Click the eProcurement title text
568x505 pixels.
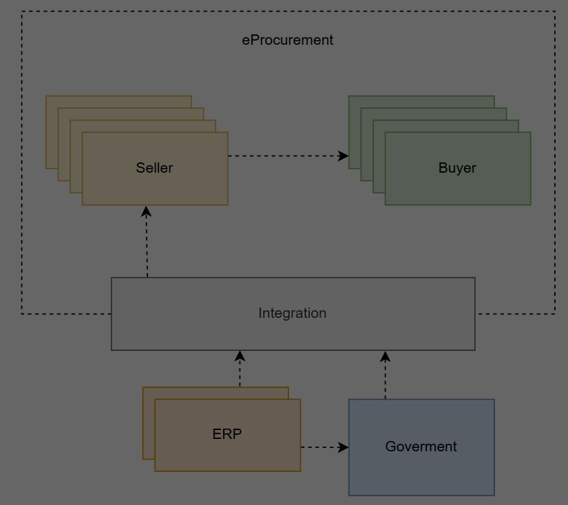coord(287,40)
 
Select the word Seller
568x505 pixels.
coord(154,168)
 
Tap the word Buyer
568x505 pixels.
coord(457,168)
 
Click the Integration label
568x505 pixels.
coord(292,313)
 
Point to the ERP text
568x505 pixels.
coord(227,434)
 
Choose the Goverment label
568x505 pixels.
coord(421,447)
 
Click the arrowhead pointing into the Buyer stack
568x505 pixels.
coord(344,156)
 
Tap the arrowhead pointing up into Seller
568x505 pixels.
coord(147,211)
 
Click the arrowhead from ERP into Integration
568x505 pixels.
coord(240,356)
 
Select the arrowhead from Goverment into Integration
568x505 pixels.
coord(386,356)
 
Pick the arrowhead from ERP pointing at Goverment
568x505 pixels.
coord(344,447)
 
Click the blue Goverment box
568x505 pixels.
coord(421,475)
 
